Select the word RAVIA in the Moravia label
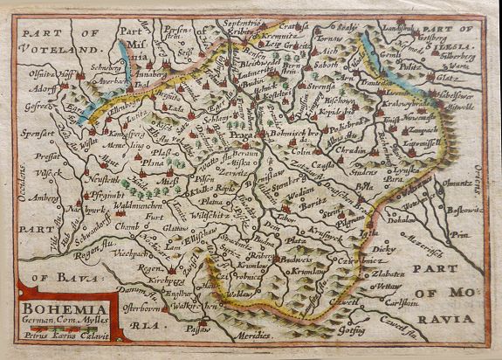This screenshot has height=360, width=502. coord(444,294)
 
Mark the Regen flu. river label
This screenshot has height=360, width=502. coord(93,232)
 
